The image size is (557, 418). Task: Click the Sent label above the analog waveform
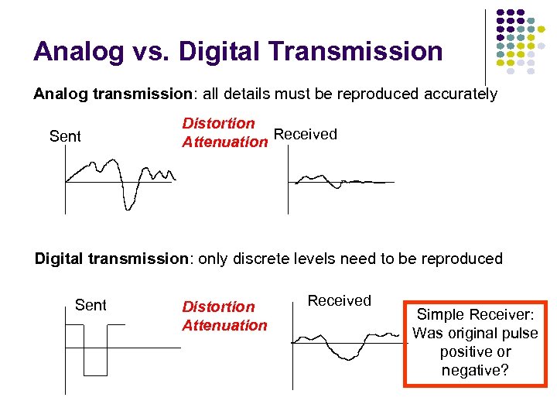pos(65,137)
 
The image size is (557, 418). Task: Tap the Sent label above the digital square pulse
pos(91,305)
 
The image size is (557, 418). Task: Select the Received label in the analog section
pos(306,135)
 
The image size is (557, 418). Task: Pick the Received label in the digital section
pos(340,300)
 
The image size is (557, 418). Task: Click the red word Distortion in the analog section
pos(218,123)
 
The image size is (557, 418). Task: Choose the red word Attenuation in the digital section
pos(224,326)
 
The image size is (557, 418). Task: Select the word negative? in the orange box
pos(475,371)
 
